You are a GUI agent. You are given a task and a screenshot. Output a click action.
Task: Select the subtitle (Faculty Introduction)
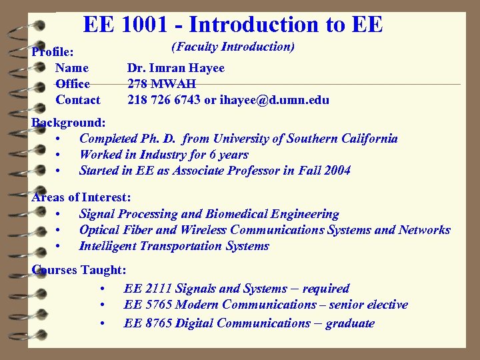233,47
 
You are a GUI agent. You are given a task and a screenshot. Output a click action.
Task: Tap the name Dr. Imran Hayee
176,68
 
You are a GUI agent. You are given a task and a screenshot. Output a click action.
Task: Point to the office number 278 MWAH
161,84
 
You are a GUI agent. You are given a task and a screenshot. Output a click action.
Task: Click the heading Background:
69,123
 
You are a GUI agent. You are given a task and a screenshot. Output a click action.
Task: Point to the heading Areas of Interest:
81,198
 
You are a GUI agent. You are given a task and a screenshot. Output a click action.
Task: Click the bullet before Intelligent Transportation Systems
60,246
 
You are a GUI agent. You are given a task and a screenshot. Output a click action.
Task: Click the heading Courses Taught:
79,270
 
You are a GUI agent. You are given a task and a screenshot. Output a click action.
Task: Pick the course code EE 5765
147,305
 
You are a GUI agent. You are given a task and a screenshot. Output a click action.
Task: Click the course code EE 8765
147,323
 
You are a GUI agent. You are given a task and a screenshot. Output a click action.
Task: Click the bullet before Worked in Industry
60,155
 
